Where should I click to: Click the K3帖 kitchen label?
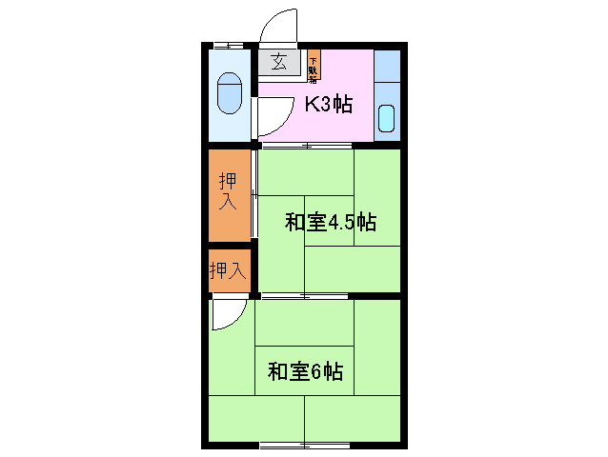click(328, 105)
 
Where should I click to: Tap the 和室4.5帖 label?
click(330, 224)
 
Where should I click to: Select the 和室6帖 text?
click(305, 371)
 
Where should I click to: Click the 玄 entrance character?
click(278, 63)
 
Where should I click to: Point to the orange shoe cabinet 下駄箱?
click(313, 66)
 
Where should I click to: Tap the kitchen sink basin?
click(386, 118)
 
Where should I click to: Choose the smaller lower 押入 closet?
click(228, 270)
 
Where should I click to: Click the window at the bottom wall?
click(305, 445)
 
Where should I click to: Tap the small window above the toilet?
click(228, 45)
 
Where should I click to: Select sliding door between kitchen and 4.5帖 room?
click(305, 146)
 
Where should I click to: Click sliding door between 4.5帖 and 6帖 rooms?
click(305, 296)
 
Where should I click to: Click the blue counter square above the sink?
click(387, 67)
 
